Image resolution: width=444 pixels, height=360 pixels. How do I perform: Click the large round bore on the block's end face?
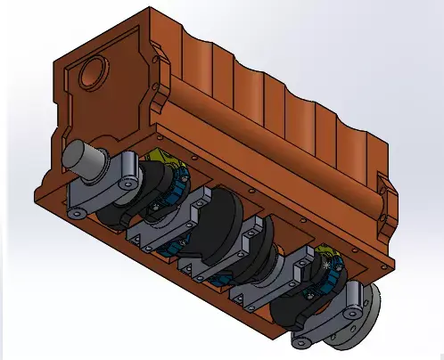click(93, 71)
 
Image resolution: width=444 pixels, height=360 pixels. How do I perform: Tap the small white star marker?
click(333, 265)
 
